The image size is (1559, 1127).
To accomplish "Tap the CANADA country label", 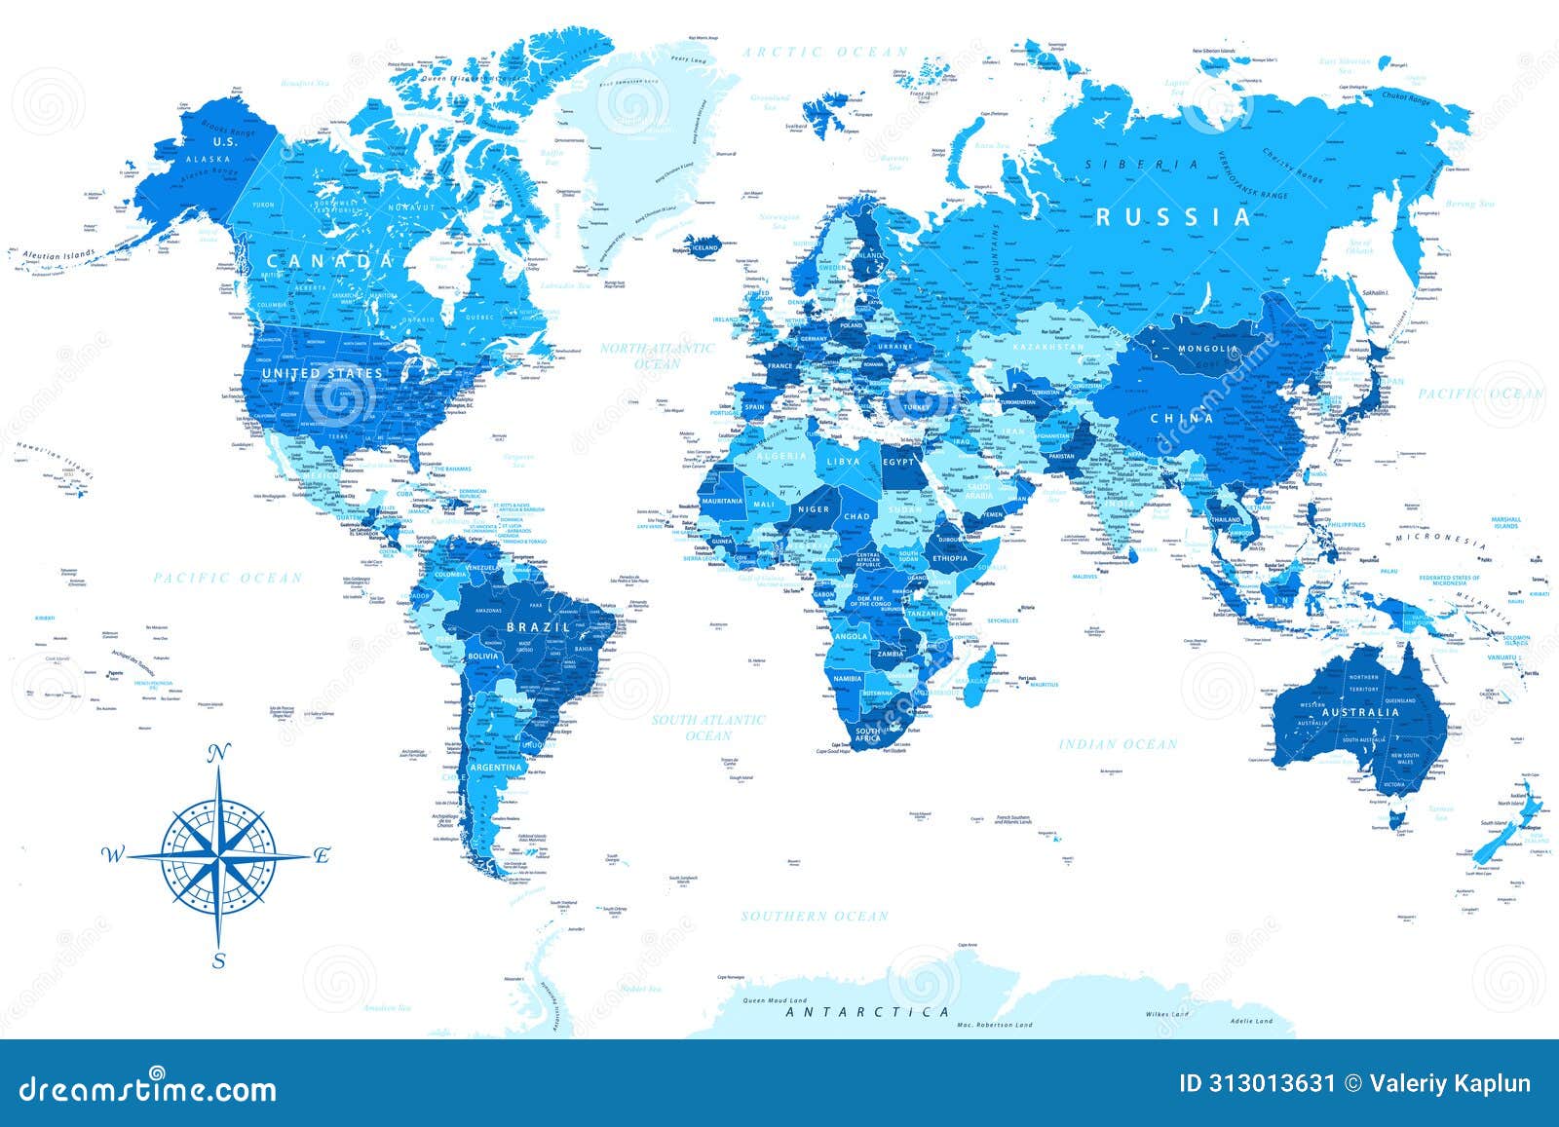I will coord(331,261).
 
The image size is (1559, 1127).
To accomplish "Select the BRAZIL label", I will coord(538,627).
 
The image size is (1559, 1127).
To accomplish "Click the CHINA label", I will coord(1182,418).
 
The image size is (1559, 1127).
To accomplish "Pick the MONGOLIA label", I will coord(1207,349).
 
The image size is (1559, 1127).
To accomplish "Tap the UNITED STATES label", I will coord(322,373).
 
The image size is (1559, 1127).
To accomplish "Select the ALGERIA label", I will coord(781,456).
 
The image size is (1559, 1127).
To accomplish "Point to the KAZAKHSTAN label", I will coord(1048,347).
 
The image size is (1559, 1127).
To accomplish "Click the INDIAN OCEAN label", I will coord(1119,744).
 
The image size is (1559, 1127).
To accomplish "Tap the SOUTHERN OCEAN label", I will coord(815,916).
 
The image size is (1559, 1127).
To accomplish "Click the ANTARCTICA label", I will coord(867,1012).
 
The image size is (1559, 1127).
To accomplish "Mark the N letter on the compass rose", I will coord(220,751).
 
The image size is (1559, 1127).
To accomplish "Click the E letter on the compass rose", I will coord(322,856).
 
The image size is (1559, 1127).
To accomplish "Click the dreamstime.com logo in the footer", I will coord(148,1088).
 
